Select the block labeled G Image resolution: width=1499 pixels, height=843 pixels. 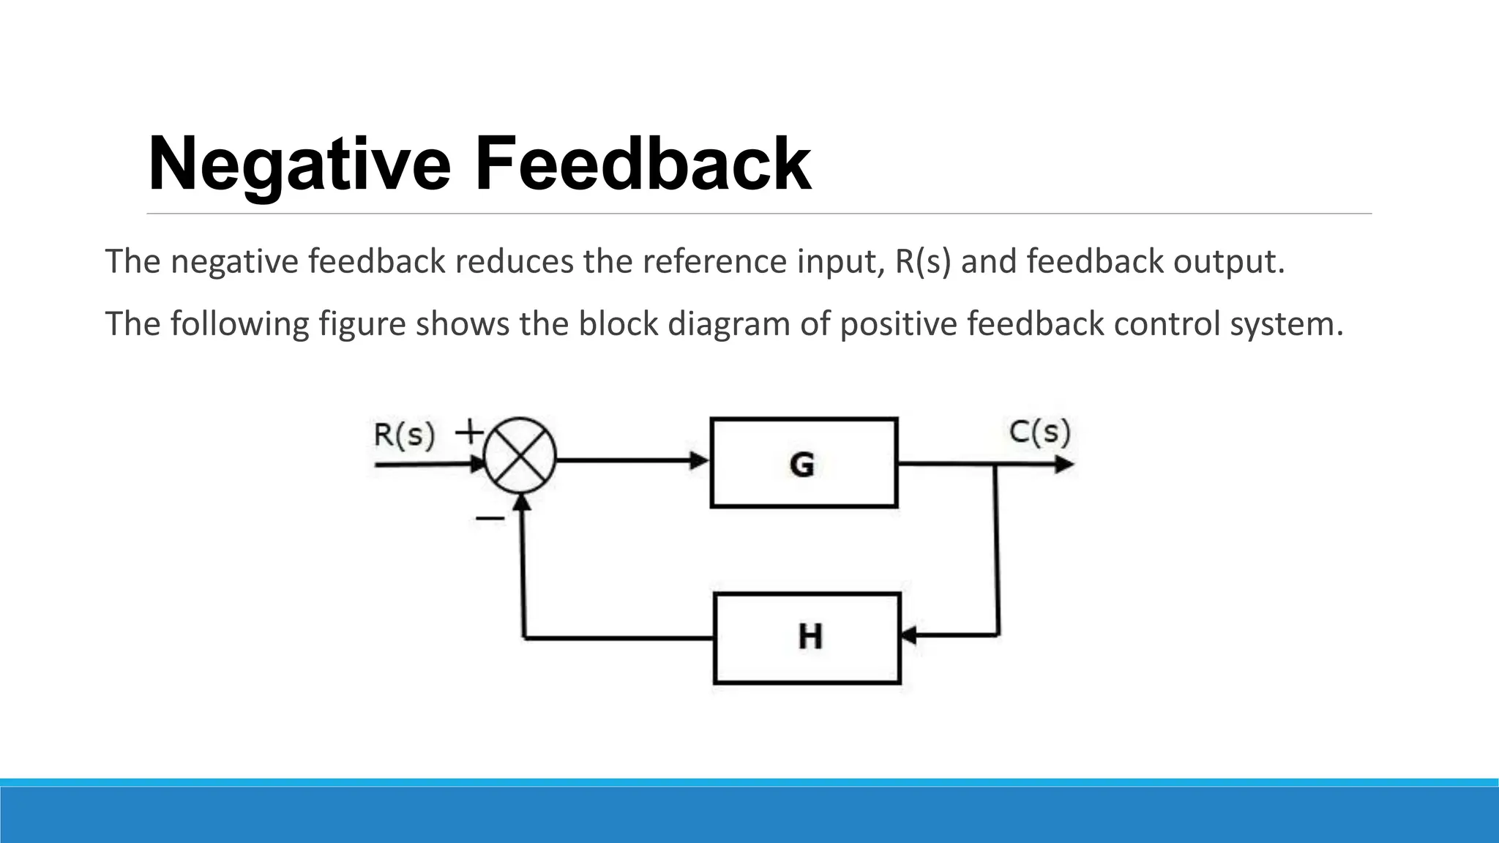[x=803, y=462]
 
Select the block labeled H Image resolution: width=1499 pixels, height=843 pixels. [x=807, y=637]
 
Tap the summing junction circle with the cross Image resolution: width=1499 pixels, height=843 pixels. [x=520, y=459]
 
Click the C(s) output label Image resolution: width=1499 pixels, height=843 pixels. [x=1039, y=432]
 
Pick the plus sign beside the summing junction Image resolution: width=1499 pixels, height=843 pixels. [x=469, y=432]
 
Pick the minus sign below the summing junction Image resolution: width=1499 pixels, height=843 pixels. [x=490, y=519]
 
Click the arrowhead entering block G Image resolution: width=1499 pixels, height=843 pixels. [x=700, y=461]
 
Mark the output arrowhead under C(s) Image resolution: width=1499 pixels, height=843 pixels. [x=1063, y=465]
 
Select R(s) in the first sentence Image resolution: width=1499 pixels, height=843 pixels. [x=923, y=262]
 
